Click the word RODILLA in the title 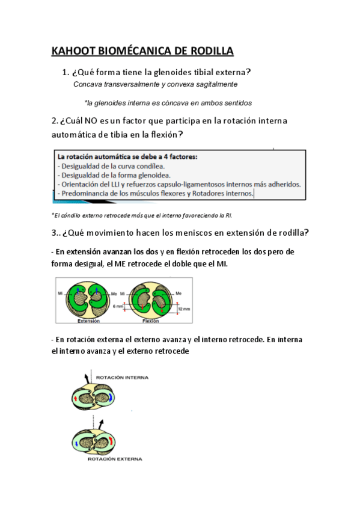click(208, 50)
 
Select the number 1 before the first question click(64, 72)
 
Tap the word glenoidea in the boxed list click(151, 175)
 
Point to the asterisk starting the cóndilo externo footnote click(53, 215)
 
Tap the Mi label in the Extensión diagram click(61, 293)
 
